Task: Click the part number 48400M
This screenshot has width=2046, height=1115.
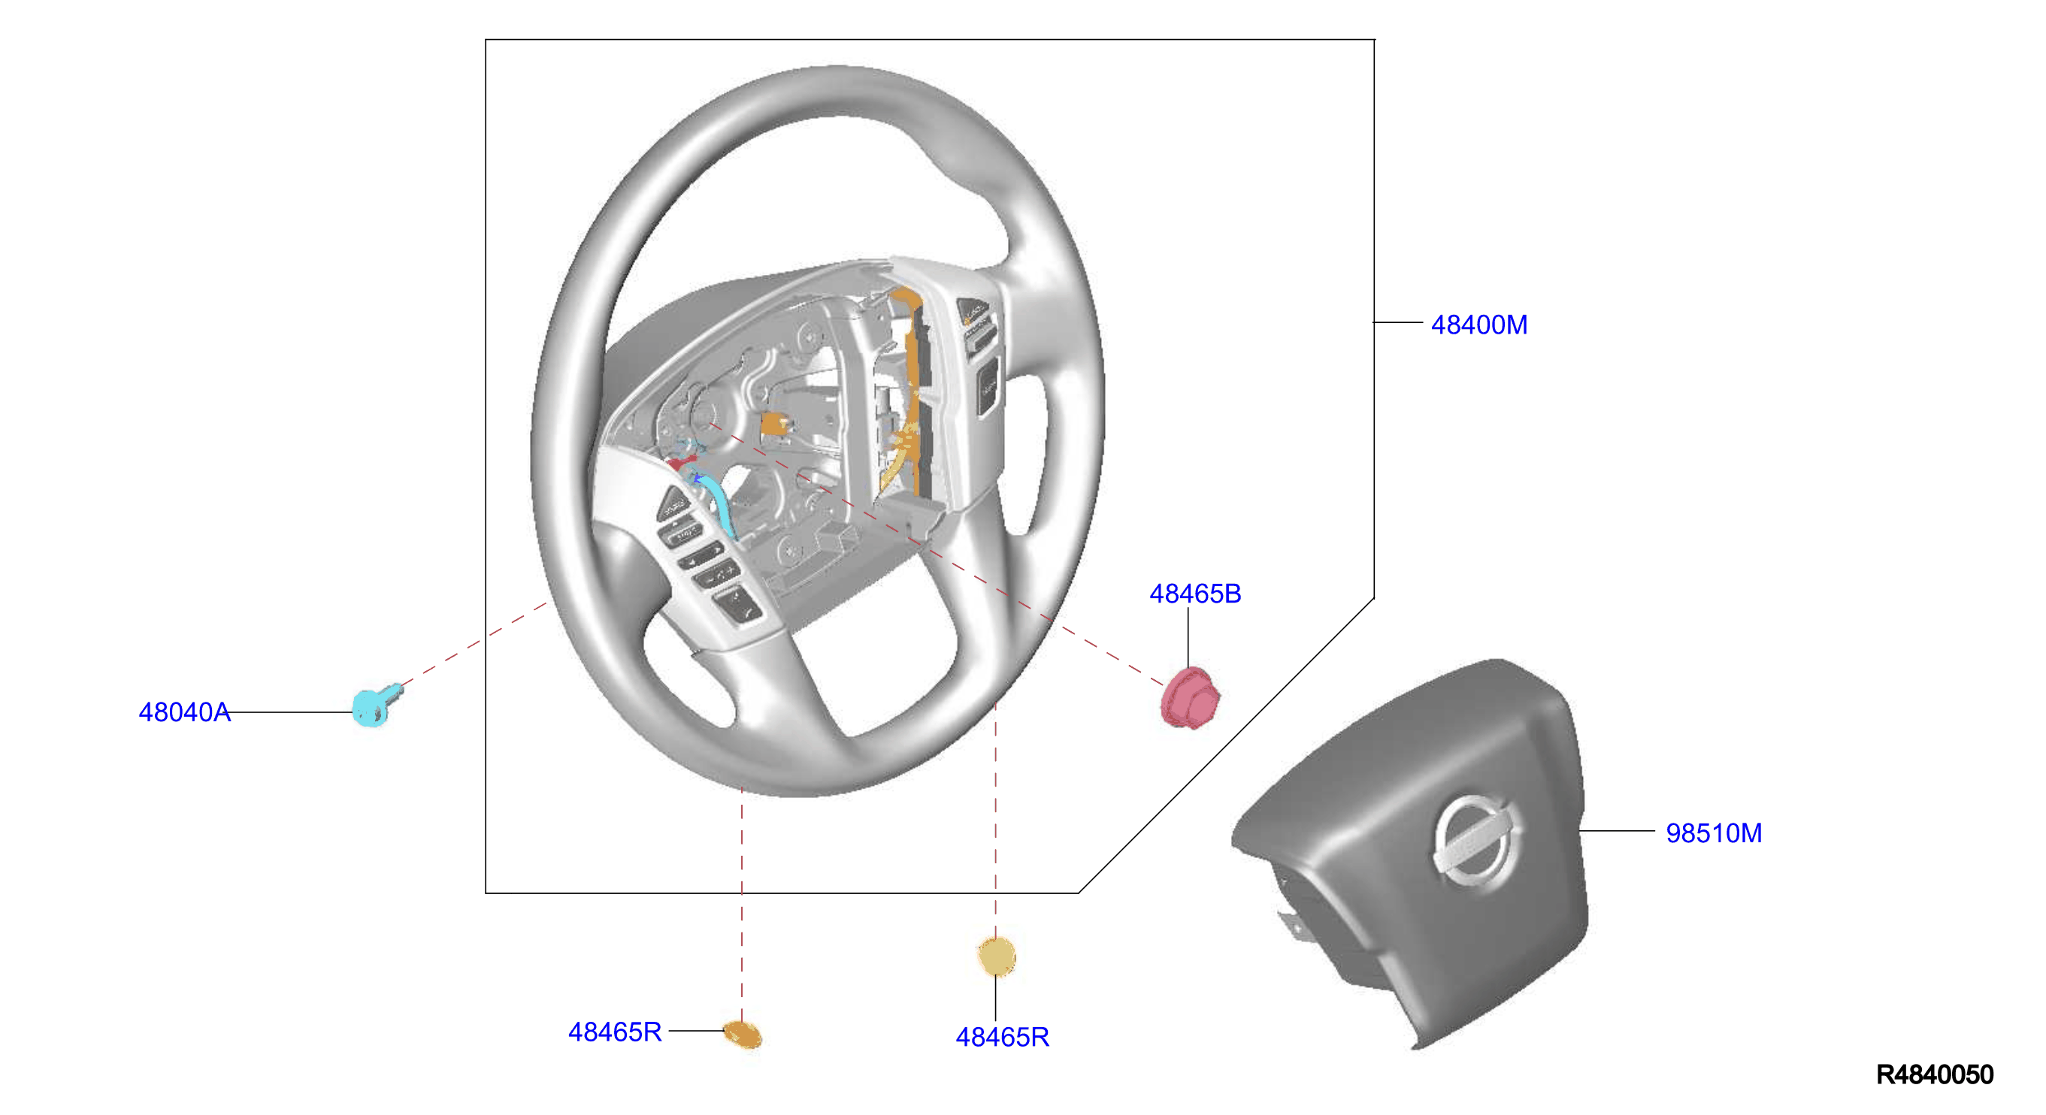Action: click(1479, 325)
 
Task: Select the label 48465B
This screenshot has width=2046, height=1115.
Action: click(1194, 594)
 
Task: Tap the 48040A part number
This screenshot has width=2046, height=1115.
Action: click(184, 712)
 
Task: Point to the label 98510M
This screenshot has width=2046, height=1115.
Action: click(1713, 833)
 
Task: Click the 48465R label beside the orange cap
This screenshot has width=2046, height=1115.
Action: click(615, 1032)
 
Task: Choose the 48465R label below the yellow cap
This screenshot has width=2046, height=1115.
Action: click(1003, 1037)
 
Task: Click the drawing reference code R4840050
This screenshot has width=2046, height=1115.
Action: click(1934, 1074)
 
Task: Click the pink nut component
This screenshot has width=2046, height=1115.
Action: click(1190, 698)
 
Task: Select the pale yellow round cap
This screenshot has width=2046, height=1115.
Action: click(996, 956)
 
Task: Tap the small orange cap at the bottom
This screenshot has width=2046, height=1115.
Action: click(743, 1035)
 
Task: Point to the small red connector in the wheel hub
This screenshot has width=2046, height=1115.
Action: click(681, 461)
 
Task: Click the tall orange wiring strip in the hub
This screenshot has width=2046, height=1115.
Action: click(909, 389)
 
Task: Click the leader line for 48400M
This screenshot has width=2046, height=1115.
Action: click(1398, 322)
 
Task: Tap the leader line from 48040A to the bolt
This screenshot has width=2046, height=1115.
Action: click(292, 712)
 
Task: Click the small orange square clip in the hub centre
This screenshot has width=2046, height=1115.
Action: click(774, 425)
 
